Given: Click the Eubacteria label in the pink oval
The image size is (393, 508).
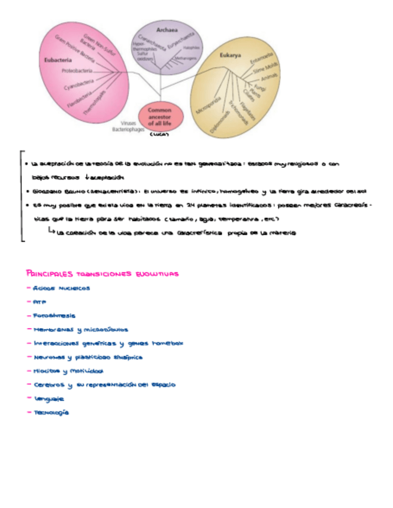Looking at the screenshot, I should coord(58,60).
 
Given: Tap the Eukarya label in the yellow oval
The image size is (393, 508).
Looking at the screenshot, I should coord(231,56).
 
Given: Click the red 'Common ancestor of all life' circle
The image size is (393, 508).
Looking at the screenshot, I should coord(159,117).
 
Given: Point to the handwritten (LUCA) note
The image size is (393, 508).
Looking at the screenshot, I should coord(159,135).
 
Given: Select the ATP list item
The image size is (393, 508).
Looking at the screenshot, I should coord(40,302).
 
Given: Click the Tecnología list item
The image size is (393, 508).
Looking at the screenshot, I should coord(51,413).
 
